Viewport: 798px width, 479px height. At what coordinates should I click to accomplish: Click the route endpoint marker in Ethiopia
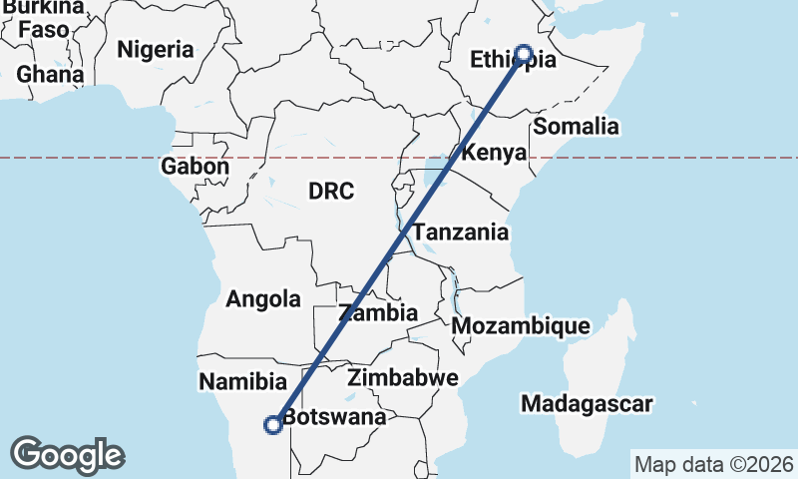point(524,54)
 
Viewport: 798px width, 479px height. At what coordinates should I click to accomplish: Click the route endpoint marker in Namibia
point(271,425)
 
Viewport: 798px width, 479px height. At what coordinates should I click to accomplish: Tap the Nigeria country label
point(156,49)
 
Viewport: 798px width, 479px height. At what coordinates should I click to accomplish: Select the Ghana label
point(50,75)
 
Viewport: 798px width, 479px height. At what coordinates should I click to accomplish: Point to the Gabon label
point(195,167)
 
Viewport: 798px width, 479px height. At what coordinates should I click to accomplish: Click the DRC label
point(330,191)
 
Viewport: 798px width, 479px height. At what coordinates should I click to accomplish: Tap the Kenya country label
point(494,154)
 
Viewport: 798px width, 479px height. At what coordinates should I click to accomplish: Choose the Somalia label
point(576,127)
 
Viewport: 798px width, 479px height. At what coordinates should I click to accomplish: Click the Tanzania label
point(461,233)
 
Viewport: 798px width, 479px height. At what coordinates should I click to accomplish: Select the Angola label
point(263,298)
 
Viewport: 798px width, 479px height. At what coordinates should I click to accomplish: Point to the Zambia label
point(378,312)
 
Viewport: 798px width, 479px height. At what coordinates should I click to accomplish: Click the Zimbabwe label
point(403,378)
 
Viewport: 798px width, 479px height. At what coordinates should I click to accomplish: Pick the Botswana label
point(333,418)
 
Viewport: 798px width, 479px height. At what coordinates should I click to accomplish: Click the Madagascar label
point(587,404)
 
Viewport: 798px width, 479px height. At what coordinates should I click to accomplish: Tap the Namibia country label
point(242,381)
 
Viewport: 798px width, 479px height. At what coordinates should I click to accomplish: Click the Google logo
point(67,455)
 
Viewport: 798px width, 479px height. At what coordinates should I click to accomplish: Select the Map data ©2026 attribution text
point(714,464)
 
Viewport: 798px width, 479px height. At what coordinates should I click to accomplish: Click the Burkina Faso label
point(42,18)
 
